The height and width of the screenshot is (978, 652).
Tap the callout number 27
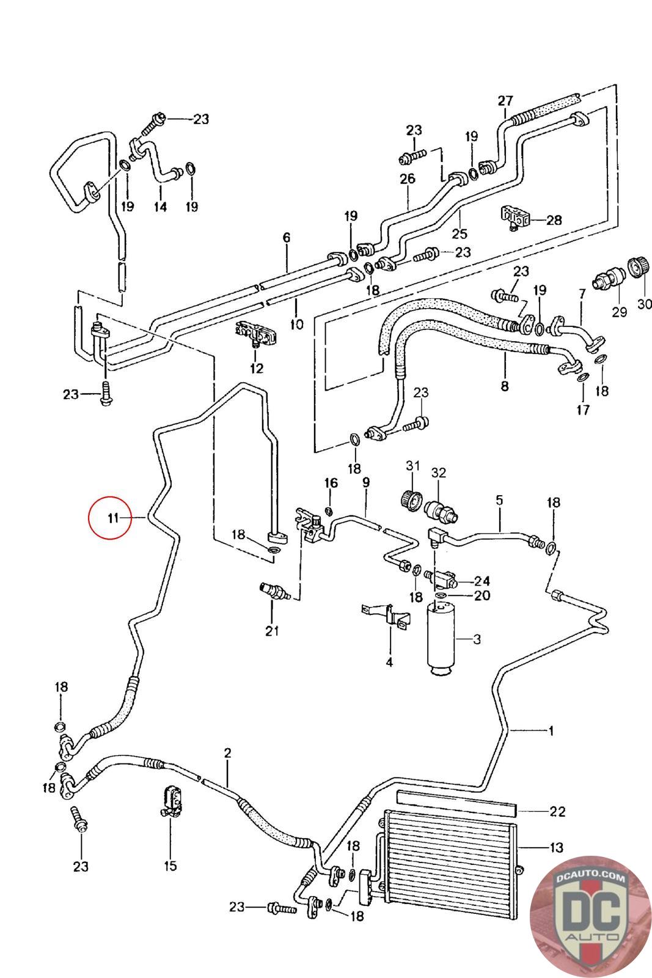coord(505,101)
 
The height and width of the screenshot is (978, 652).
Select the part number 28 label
coord(554,220)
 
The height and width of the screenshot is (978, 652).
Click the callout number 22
coord(557,812)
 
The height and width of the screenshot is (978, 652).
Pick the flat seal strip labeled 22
coord(456,803)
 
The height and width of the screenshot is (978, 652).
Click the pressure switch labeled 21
coord(271,592)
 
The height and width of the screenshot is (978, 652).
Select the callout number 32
coord(439,472)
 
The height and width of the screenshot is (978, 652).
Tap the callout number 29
coord(619,312)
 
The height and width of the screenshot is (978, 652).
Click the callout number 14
coord(159,207)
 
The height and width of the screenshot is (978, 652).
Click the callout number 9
coord(365,483)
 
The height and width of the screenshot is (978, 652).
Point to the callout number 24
coord(482,581)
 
